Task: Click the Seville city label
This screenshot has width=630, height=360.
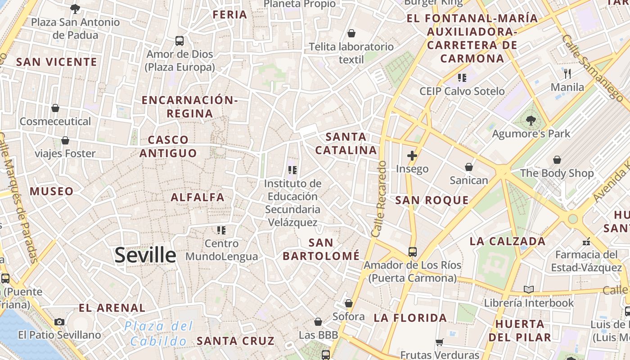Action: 145,255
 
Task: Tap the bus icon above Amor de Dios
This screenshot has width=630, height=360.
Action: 180,41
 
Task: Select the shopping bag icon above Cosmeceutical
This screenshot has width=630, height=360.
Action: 55,108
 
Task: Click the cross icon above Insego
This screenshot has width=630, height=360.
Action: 412,156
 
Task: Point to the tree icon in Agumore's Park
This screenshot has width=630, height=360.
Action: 531,120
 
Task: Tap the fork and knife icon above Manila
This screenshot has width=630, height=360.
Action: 567,73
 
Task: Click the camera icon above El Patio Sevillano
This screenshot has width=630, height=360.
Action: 59,322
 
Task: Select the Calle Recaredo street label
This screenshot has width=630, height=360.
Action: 379,199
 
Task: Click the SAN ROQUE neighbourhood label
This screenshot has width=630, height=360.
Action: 432,200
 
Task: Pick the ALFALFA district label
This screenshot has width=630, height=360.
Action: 198,197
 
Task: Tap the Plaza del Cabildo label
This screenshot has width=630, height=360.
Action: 159,333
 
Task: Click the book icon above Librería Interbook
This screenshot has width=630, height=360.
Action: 529,289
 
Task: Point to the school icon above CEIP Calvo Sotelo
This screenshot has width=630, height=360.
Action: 462,78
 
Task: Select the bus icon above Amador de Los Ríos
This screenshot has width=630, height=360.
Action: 412,252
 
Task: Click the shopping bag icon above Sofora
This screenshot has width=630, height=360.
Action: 348,303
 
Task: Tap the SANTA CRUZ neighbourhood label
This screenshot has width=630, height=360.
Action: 236,341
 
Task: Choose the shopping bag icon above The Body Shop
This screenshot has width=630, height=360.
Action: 557,160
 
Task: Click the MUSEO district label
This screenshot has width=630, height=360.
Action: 51,191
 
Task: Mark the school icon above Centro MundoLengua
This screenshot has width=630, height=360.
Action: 221,230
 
